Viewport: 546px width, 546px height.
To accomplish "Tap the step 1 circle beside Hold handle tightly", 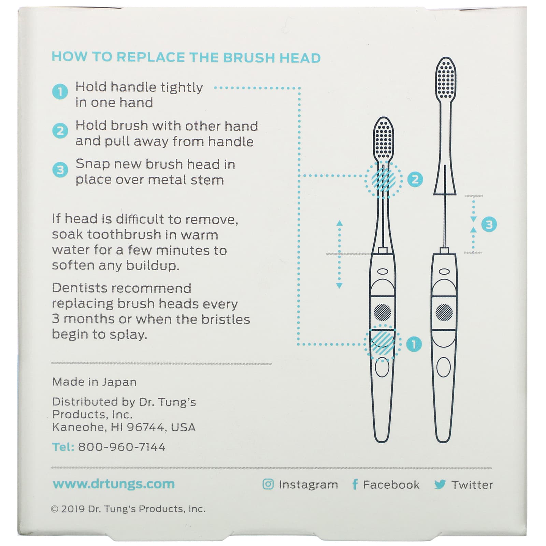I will pyautogui.click(x=60, y=92).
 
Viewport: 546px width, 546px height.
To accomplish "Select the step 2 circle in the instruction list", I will pyautogui.click(x=60, y=131).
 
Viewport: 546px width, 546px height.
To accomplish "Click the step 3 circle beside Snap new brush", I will pyautogui.click(x=60, y=170).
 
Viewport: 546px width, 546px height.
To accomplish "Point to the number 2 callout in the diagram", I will pyautogui.click(x=415, y=179).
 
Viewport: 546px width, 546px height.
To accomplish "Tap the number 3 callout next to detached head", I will pyautogui.click(x=489, y=225).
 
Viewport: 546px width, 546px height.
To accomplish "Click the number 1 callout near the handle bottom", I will pyautogui.click(x=414, y=344).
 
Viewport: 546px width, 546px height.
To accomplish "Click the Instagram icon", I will pyautogui.click(x=268, y=484).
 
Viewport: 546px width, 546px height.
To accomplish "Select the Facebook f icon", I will pyautogui.click(x=355, y=484).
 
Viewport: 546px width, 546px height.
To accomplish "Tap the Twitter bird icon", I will pyautogui.click(x=440, y=484).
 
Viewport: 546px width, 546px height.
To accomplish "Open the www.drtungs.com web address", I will pyautogui.click(x=114, y=484).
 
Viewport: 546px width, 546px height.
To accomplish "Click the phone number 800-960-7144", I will pyautogui.click(x=121, y=447).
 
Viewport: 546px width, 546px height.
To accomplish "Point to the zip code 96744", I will pyautogui.click(x=146, y=427).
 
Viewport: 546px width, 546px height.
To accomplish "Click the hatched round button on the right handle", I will pyautogui.click(x=444, y=312).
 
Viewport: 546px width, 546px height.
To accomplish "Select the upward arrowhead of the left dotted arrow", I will pyautogui.click(x=339, y=223).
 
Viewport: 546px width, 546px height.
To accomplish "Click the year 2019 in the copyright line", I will pyautogui.click(x=73, y=509).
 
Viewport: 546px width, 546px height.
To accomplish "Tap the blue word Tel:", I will pyautogui.click(x=63, y=447).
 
